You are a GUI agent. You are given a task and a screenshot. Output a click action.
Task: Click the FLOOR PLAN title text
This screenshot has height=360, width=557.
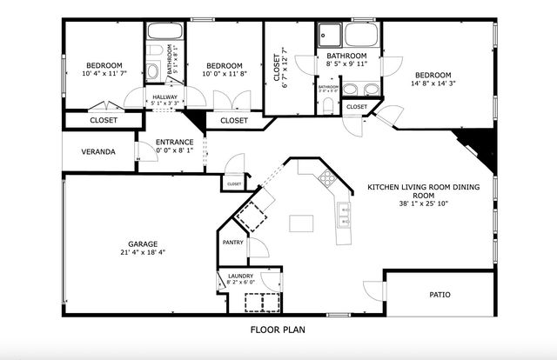278,330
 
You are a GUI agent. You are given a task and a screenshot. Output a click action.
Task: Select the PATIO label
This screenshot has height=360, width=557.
440,295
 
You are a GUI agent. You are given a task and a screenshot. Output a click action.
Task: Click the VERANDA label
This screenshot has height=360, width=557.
98,151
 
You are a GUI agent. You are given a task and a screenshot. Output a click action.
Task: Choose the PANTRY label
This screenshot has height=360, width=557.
232,243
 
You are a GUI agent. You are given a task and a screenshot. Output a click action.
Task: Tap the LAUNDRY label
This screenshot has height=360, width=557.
240,275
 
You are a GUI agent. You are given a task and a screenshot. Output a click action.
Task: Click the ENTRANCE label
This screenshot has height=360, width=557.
174,142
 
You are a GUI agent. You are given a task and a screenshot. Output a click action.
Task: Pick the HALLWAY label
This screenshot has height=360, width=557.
165,97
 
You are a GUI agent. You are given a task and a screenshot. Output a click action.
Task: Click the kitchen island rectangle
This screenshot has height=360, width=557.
302,223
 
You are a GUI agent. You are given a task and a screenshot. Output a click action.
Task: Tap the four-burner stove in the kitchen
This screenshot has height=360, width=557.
328,179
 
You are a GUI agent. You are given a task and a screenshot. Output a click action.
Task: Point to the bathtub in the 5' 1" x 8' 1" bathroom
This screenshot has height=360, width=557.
164,31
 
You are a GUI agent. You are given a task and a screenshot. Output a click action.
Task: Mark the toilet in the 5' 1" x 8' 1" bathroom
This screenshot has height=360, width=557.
151,71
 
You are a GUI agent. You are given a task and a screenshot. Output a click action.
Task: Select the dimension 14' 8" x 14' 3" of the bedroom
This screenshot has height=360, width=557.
433,83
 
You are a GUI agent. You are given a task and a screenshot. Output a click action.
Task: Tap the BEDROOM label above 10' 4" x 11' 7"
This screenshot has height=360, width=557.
104,65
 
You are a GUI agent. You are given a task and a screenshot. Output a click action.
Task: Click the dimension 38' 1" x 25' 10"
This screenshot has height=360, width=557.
423,204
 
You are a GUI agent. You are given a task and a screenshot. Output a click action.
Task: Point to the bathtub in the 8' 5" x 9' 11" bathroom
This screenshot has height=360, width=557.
359,34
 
